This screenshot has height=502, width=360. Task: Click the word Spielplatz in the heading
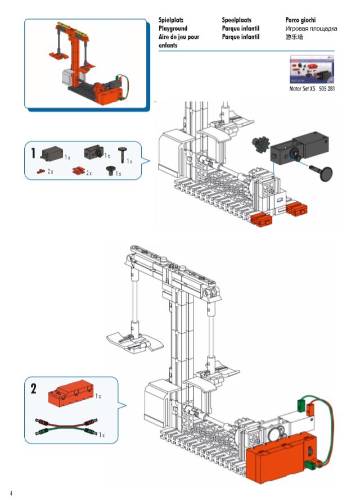(x=172, y=20)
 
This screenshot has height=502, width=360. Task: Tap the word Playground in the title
(x=173, y=28)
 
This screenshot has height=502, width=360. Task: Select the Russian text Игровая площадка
(x=311, y=28)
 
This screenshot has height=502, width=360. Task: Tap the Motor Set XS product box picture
(x=311, y=70)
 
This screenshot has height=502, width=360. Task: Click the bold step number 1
(x=34, y=152)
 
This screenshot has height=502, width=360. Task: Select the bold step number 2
(x=34, y=388)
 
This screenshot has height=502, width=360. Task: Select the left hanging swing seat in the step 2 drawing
(x=129, y=340)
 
